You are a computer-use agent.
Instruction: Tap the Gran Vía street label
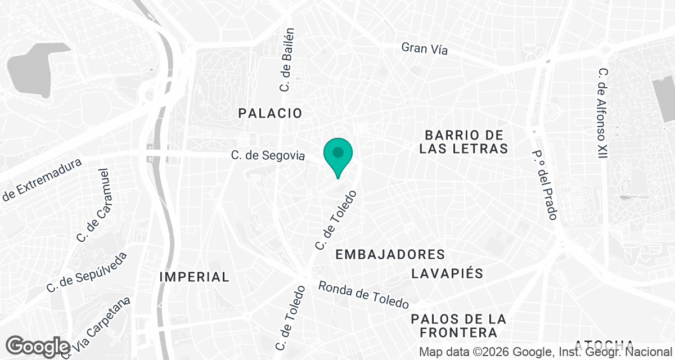coord(425,48)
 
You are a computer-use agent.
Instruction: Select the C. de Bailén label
coord(287,60)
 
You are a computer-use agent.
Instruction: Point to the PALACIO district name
coord(270,113)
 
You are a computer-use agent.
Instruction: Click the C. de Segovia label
coord(267,155)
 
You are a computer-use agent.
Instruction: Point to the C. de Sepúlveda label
coord(87,272)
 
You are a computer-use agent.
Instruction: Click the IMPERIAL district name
coord(194,277)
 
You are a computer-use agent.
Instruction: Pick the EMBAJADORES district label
coord(390,255)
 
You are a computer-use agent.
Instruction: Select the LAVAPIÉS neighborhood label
coord(447,274)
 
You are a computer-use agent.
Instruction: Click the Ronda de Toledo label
coord(363,295)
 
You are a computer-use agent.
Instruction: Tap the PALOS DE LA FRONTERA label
coord(458,326)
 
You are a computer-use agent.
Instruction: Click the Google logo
coord(38,346)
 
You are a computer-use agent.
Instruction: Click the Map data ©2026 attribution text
coord(546,352)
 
